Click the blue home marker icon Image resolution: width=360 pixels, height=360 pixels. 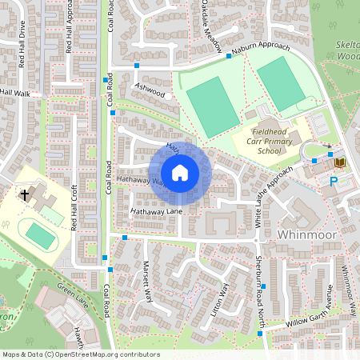pyautogui.click(x=180, y=173)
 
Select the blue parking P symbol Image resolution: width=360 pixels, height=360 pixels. pyautogui.click(x=334, y=182)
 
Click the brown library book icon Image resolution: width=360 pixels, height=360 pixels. pyautogui.click(x=340, y=162)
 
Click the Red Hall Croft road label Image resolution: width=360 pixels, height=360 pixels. pyautogui.click(x=74, y=207)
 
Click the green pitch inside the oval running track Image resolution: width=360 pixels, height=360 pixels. pyautogui.click(x=38, y=234)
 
